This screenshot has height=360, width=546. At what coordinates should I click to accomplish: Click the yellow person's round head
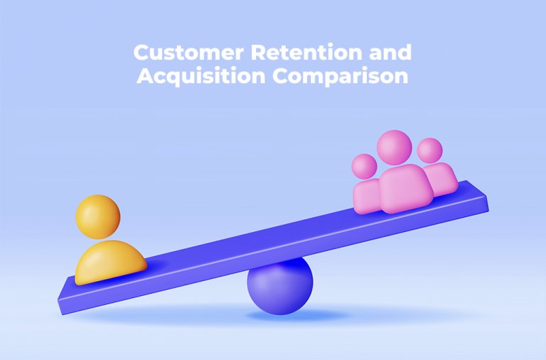point(98,216)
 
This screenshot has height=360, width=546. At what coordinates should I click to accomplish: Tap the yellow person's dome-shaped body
point(110,261)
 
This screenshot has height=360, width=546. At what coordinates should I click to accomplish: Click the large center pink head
point(394,147)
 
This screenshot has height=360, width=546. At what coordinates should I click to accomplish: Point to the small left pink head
point(365,166)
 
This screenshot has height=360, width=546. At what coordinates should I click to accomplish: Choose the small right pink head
point(429,150)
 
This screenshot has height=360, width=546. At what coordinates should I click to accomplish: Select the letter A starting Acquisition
point(145,76)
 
